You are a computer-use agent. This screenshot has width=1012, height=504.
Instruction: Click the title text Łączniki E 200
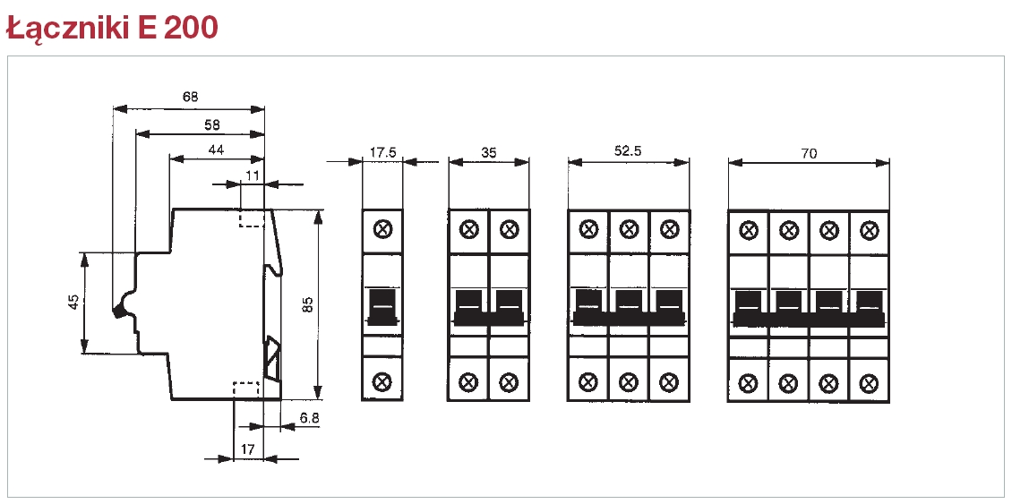[x=111, y=27]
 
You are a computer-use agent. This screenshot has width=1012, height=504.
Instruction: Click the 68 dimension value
[x=190, y=96]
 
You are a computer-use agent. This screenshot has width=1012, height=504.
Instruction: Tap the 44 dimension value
[x=216, y=149]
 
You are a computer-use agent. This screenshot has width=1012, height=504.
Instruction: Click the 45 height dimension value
[x=73, y=303]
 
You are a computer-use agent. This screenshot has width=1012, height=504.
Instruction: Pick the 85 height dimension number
[x=307, y=304]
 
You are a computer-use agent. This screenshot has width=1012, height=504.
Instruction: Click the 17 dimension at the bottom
[x=248, y=448]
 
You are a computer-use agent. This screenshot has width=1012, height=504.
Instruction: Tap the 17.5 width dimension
[x=382, y=152]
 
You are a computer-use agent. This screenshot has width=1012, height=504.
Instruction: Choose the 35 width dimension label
[x=488, y=152]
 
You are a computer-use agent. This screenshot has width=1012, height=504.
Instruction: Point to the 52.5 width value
[x=628, y=151]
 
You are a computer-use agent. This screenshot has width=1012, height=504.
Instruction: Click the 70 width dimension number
[x=809, y=153]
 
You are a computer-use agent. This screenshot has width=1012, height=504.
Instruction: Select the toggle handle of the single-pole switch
[x=382, y=304]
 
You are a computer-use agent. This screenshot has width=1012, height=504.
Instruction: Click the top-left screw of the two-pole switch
[x=468, y=230]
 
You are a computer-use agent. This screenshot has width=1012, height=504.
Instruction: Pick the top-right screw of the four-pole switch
[x=868, y=231]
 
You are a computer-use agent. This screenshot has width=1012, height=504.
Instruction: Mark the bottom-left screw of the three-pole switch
[x=588, y=382]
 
